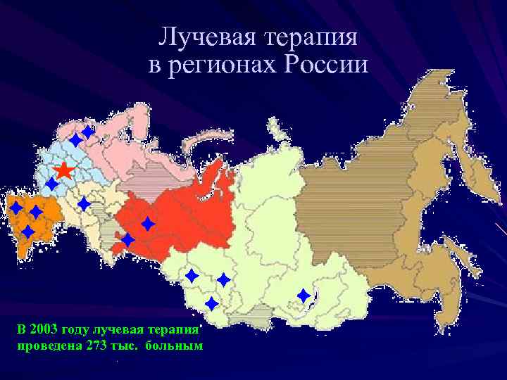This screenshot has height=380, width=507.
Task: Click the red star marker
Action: [x=63, y=170]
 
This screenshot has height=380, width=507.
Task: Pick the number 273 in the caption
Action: [x=96, y=346]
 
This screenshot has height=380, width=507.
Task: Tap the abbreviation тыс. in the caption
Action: [x=127, y=346]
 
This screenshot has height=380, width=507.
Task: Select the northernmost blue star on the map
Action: [x=87, y=131]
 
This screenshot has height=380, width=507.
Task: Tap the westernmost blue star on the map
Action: [x=15, y=208]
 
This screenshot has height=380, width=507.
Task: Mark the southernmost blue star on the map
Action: [x=211, y=304]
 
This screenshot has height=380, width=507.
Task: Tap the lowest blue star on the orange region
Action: [x=28, y=232]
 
